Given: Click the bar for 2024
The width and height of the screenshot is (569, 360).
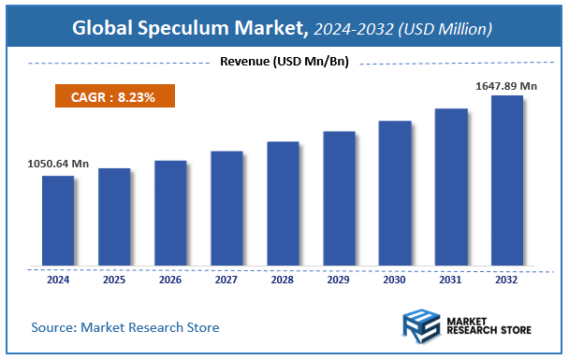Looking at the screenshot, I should pos(57,221).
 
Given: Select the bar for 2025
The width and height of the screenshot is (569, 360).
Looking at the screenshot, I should pos(113,217).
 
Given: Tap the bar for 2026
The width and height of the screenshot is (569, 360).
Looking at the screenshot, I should pos(169,213).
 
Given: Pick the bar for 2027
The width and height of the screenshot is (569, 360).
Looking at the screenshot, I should pos(226,209).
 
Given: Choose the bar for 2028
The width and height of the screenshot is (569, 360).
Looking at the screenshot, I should pos(282,204).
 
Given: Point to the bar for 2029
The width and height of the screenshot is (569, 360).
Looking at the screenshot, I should pos(338,198).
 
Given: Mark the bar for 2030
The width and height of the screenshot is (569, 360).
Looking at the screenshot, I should pos(394,194).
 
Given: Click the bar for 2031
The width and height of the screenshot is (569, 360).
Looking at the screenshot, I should pos(450,187).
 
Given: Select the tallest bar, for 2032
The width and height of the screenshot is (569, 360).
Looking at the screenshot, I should pos(506,180).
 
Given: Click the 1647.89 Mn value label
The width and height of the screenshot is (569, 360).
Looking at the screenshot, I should pos(506,85).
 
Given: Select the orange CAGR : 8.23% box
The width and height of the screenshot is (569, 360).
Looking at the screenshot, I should pos(112,95).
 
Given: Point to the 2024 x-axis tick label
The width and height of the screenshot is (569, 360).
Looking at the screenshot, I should pos(57,279).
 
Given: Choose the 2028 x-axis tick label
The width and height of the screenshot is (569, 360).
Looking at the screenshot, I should pos(282,279).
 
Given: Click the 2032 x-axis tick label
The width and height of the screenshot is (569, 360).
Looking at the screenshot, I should pos(506,279).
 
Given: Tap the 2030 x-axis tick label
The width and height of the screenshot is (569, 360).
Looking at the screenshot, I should pos(394,279).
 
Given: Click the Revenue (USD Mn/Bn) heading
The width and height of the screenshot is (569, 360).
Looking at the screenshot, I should pos(284,63).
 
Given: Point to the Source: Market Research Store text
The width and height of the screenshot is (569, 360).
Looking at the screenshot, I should pos(124,327).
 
